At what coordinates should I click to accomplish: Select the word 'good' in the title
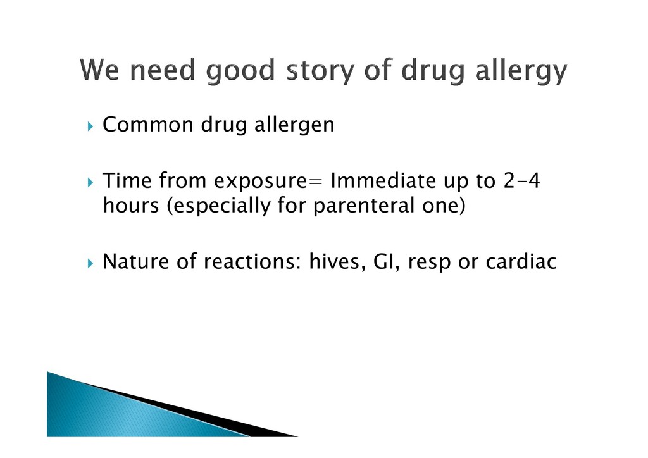pos(240,70)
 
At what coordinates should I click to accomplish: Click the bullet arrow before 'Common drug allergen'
pos(91,126)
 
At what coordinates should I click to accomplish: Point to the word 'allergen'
pos(294,125)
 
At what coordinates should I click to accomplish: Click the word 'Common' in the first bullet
pos(148,125)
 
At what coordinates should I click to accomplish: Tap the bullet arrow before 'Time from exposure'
pos(91,182)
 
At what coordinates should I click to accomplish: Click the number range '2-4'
pos(521,180)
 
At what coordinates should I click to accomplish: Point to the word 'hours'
pos(131,205)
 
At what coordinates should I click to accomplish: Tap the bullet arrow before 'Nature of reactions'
pos(91,263)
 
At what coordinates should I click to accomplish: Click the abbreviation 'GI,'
pos(387,262)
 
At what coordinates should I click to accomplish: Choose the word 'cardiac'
pos(521,261)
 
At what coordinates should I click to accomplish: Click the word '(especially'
pos(218,205)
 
